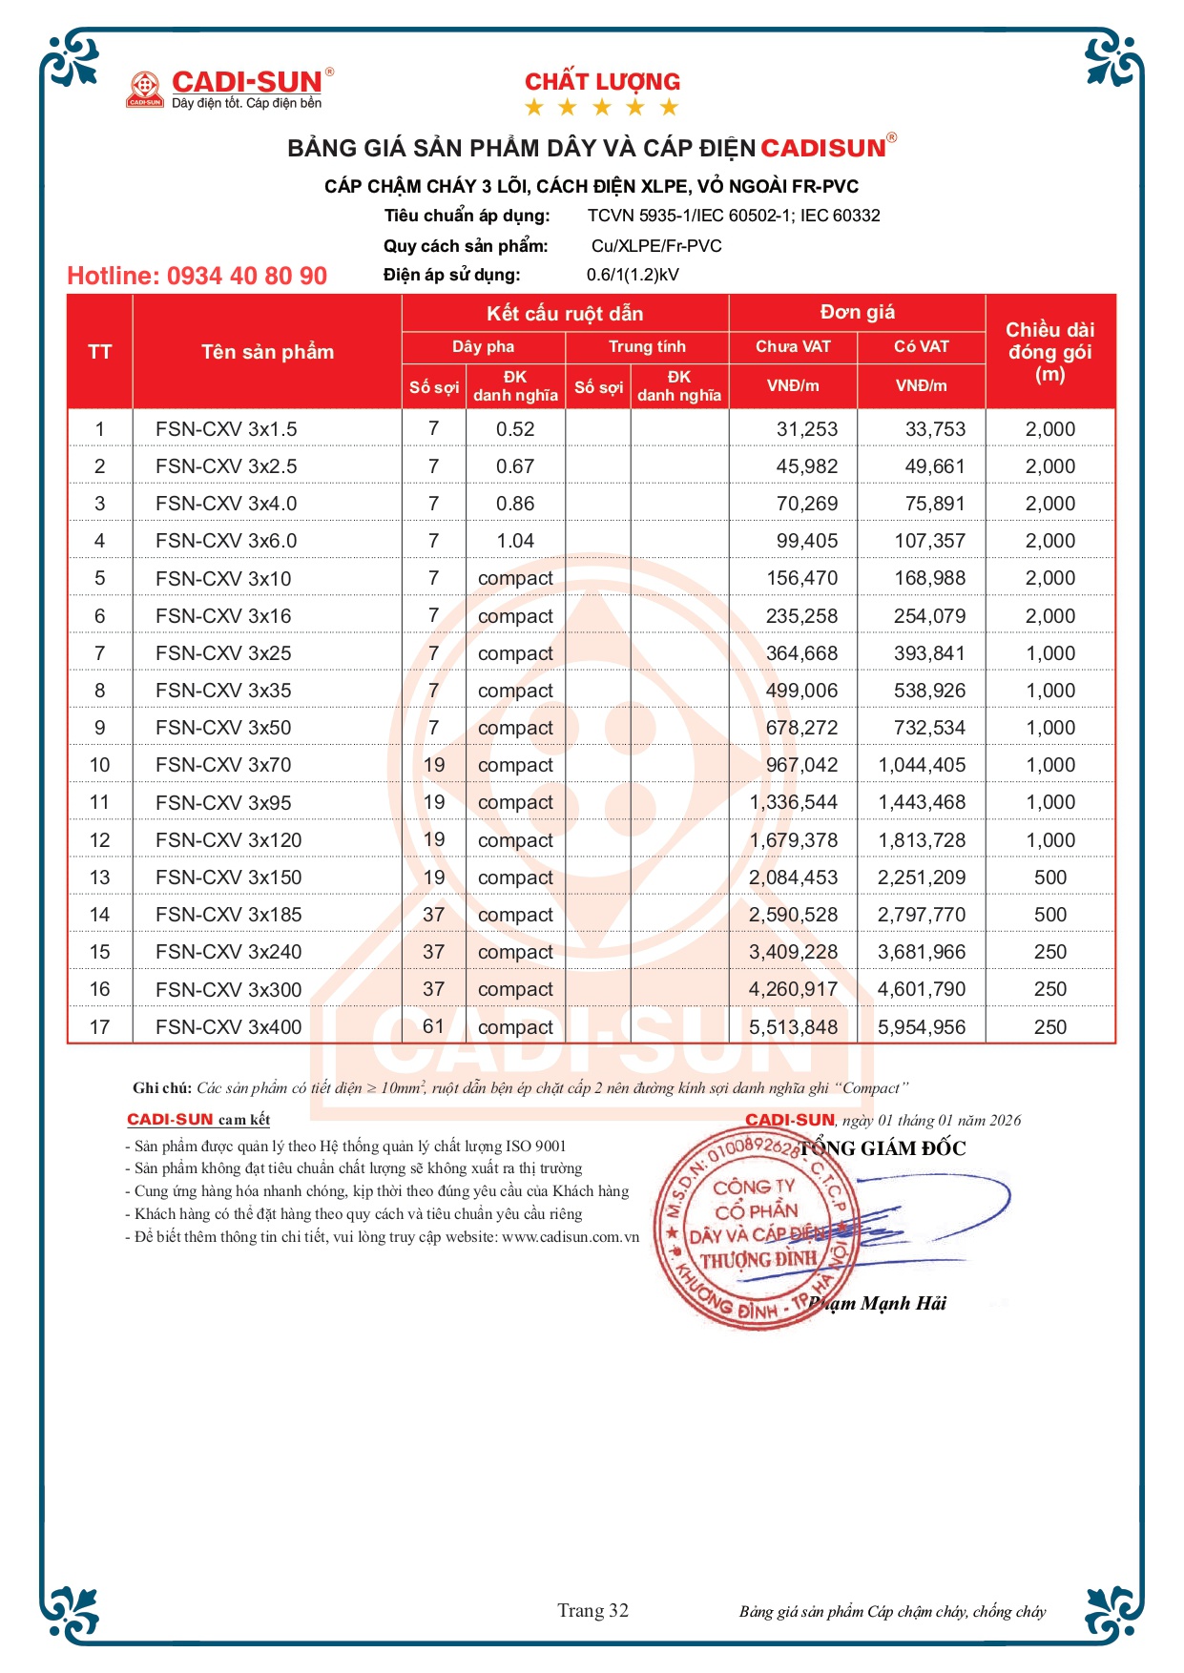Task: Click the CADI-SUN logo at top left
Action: (x=230, y=89)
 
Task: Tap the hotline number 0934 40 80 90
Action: (x=197, y=276)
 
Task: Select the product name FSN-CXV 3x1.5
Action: (x=226, y=429)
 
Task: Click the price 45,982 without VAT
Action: (x=806, y=466)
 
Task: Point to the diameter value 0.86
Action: (x=515, y=504)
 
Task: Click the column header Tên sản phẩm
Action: (x=267, y=352)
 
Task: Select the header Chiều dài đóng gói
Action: (x=1049, y=352)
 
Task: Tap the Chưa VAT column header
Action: (x=793, y=346)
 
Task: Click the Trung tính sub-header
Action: (x=647, y=346)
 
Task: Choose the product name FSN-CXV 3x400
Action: (x=228, y=1027)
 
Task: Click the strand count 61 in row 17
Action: (x=434, y=1026)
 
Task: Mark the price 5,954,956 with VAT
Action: (x=922, y=1027)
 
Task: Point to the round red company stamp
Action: (x=754, y=1229)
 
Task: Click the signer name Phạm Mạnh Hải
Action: (x=878, y=1303)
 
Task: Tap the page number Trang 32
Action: (x=592, y=1610)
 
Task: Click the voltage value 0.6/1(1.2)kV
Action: (x=633, y=275)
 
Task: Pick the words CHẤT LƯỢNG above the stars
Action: (x=602, y=82)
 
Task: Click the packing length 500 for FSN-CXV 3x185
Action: (x=1049, y=915)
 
